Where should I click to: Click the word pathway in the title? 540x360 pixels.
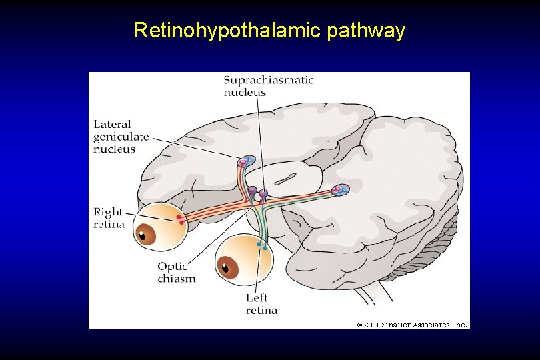click(366, 31)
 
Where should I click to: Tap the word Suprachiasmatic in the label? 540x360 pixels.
click(268, 80)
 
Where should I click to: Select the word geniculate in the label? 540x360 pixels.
click(120, 137)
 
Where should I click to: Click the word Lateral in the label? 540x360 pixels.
click(112, 124)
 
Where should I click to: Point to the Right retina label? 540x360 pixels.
click(109, 218)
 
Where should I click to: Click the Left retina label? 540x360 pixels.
click(261, 304)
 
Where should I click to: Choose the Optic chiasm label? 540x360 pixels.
click(177, 273)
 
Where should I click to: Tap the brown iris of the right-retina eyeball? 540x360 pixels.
click(146, 235)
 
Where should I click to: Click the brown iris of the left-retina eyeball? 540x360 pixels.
click(229, 268)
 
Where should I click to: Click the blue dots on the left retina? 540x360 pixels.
click(262, 246)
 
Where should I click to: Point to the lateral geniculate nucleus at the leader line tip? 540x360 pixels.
click(247, 161)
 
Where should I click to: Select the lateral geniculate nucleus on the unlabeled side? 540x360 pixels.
click(341, 191)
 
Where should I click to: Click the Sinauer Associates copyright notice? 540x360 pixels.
click(412, 325)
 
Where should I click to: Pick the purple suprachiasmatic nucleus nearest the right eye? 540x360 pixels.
click(252, 191)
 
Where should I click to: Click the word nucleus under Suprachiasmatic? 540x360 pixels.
click(245, 93)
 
